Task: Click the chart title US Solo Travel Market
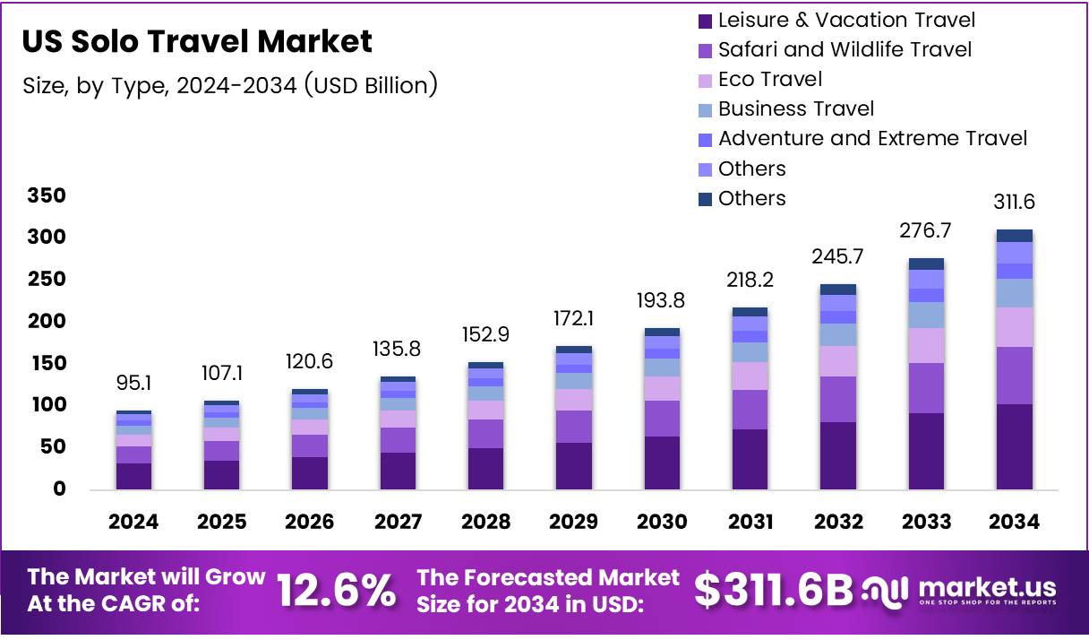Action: pos(196,41)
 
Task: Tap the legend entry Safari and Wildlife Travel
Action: pos(845,49)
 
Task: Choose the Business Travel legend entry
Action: pos(796,108)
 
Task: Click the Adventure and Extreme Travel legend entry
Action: pos(872,138)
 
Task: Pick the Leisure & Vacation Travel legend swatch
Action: pos(705,21)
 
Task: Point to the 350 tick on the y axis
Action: pos(46,195)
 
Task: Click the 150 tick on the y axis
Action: pos(46,363)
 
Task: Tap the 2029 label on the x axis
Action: pos(573,522)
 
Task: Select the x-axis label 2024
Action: pos(133,522)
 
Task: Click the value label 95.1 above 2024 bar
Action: pos(133,384)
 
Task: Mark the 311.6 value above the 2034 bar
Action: pos(1014,202)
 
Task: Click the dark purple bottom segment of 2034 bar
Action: pos(1014,446)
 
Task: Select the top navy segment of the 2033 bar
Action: pos(926,264)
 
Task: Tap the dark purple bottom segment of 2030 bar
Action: pos(661,463)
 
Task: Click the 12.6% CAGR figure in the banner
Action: pos(336,591)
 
